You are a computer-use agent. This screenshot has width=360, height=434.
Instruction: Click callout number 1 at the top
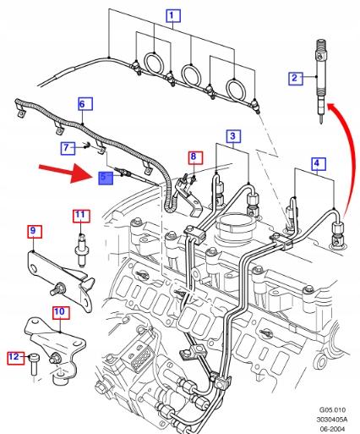click(173, 16)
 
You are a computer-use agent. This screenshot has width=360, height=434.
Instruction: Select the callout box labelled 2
click(296, 78)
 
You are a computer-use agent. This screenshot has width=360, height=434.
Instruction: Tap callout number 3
click(234, 136)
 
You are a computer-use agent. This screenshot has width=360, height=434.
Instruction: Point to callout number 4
click(319, 163)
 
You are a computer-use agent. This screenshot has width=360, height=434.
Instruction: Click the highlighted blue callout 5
click(106, 178)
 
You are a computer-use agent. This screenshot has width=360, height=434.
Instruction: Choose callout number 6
click(85, 104)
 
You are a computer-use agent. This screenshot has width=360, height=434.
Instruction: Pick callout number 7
click(68, 148)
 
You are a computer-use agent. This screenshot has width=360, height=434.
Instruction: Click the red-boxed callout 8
click(195, 157)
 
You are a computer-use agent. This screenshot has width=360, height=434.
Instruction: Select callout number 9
click(35, 232)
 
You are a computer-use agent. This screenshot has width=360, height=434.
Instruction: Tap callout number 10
click(61, 312)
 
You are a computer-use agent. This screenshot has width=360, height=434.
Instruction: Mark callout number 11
click(81, 216)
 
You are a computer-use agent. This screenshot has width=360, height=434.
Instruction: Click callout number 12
click(15, 358)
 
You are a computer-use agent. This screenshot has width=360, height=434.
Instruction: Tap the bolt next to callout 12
click(34, 364)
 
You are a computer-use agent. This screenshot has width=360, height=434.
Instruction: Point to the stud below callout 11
click(82, 250)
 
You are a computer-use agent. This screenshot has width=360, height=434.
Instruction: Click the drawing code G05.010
click(332, 409)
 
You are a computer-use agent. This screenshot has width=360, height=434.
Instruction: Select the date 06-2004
click(332, 429)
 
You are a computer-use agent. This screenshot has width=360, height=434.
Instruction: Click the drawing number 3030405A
click(332, 420)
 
